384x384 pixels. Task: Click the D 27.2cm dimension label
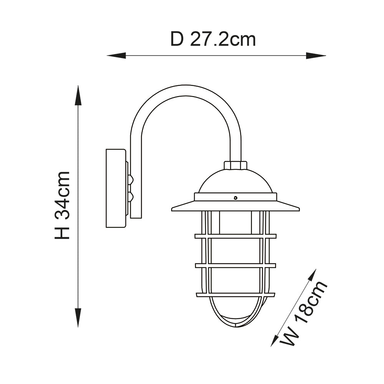(213, 39)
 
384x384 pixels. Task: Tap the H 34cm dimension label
(63, 205)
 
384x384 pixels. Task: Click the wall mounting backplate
(116, 188)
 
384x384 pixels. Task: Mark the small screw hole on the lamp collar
(235, 198)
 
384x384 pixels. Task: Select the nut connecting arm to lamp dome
(235, 165)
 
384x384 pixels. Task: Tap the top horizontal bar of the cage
(235, 236)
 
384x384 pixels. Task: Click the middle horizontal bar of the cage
(235, 265)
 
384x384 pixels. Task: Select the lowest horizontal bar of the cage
(235, 295)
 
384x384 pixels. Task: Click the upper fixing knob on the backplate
(131, 179)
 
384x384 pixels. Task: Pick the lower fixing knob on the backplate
(131, 197)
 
